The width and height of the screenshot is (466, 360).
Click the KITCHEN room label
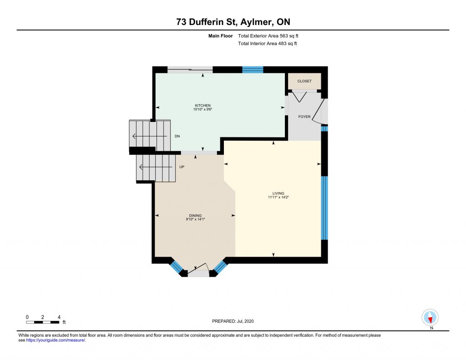(203, 106)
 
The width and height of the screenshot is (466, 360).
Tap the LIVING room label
(278, 193)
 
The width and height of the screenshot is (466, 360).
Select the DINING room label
(195, 216)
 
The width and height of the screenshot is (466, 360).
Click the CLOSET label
(304, 81)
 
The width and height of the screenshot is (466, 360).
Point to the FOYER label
(304, 117)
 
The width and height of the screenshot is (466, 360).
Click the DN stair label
(177, 136)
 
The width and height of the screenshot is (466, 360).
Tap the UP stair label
(182, 167)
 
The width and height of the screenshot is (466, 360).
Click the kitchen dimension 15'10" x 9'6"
(203, 109)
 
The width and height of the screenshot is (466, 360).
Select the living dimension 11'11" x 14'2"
(278, 197)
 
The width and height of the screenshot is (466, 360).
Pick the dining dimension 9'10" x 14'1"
(195, 219)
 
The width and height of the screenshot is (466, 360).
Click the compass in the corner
(430, 318)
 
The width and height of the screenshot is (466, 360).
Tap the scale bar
(42, 322)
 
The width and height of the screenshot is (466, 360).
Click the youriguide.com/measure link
(56, 340)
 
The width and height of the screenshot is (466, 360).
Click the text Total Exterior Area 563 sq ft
(268, 36)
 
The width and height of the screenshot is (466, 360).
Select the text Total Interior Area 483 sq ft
(268, 43)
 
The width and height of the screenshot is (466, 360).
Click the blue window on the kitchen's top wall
(253, 70)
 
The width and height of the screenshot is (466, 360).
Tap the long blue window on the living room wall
(324, 208)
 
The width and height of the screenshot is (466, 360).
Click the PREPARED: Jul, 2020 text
(233, 321)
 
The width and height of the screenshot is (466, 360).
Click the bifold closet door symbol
(299, 97)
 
